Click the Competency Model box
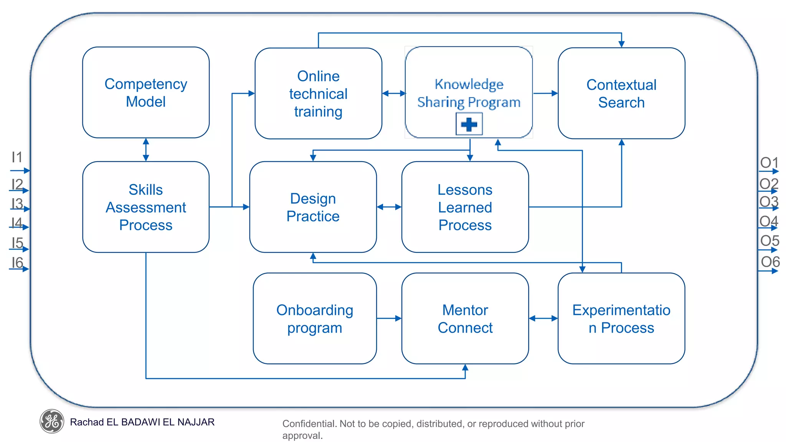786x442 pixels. (x=145, y=92)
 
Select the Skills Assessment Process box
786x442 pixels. (x=145, y=207)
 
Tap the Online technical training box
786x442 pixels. (x=318, y=93)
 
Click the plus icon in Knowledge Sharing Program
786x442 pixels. (x=469, y=124)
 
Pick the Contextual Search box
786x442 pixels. (x=621, y=93)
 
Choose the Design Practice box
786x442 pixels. (x=313, y=207)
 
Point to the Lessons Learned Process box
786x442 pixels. (x=465, y=207)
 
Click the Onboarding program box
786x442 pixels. (x=314, y=318)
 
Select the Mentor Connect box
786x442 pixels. (x=465, y=318)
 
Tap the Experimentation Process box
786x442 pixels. (x=621, y=318)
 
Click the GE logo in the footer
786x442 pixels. (x=52, y=421)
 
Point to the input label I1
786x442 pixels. (x=17, y=157)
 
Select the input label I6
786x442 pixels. (x=17, y=263)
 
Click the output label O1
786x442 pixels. (x=769, y=163)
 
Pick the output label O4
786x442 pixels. (x=769, y=221)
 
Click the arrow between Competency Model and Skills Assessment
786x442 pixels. (x=145, y=150)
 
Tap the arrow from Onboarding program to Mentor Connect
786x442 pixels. (x=389, y=318)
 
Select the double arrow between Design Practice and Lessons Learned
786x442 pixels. (x=389, y=207)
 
